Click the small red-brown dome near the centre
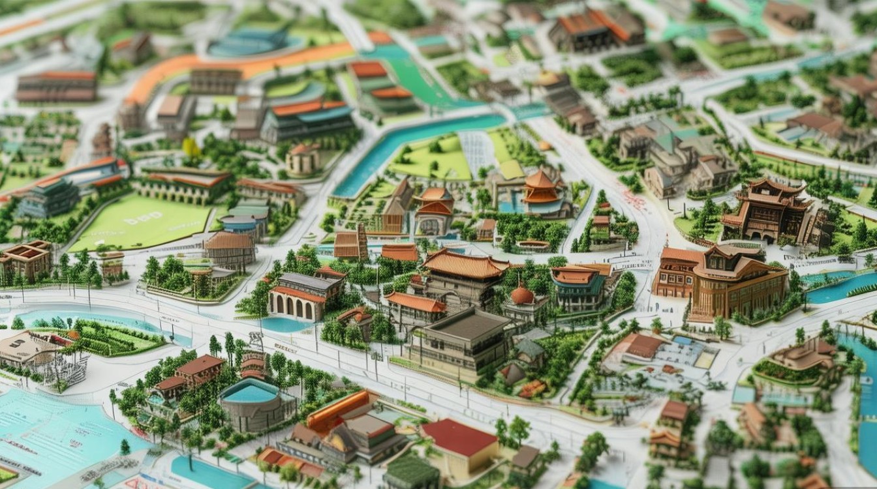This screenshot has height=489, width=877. (x=521, y=295)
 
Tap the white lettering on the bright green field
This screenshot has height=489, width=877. (x=144, y=220)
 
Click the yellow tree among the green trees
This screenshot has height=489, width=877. (x=191, y=148)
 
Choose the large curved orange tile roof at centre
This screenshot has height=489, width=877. (x=465, y=263)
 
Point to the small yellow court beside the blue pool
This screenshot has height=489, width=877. (x=705, y=359)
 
